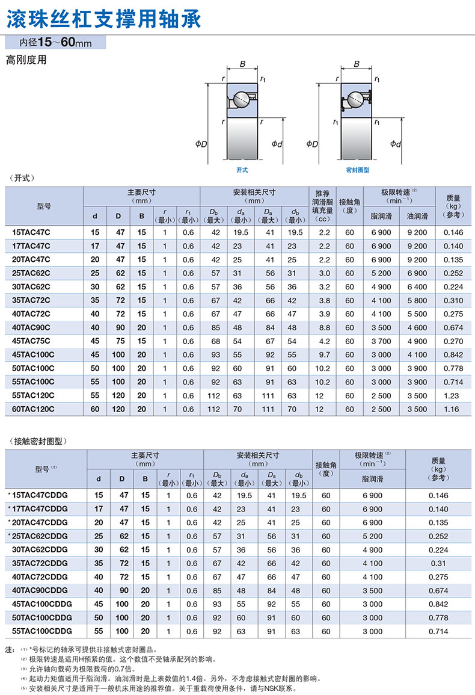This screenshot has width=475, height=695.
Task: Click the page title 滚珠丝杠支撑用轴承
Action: click(103, 18)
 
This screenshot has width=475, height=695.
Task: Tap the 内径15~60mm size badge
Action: click(55, 43)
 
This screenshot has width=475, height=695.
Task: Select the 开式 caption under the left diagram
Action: click(242, 170)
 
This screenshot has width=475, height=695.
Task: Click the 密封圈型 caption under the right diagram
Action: click(357, 170)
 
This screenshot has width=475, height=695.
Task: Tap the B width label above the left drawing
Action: click(242, 64)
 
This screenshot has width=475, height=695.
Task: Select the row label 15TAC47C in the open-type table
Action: click(31, 232)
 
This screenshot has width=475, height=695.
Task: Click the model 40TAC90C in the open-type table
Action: click(31, 327)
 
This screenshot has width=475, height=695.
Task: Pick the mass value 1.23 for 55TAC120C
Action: click(453, 395)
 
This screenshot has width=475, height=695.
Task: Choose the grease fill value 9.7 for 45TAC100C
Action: click(325, 354)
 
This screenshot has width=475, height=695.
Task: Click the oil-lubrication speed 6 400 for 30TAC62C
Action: click(417, 286)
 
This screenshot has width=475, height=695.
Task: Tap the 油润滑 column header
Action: click(417, 215)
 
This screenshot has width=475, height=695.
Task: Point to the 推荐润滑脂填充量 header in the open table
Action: click(325, 206)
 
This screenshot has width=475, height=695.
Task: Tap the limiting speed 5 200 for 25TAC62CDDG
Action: click(373, 536)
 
